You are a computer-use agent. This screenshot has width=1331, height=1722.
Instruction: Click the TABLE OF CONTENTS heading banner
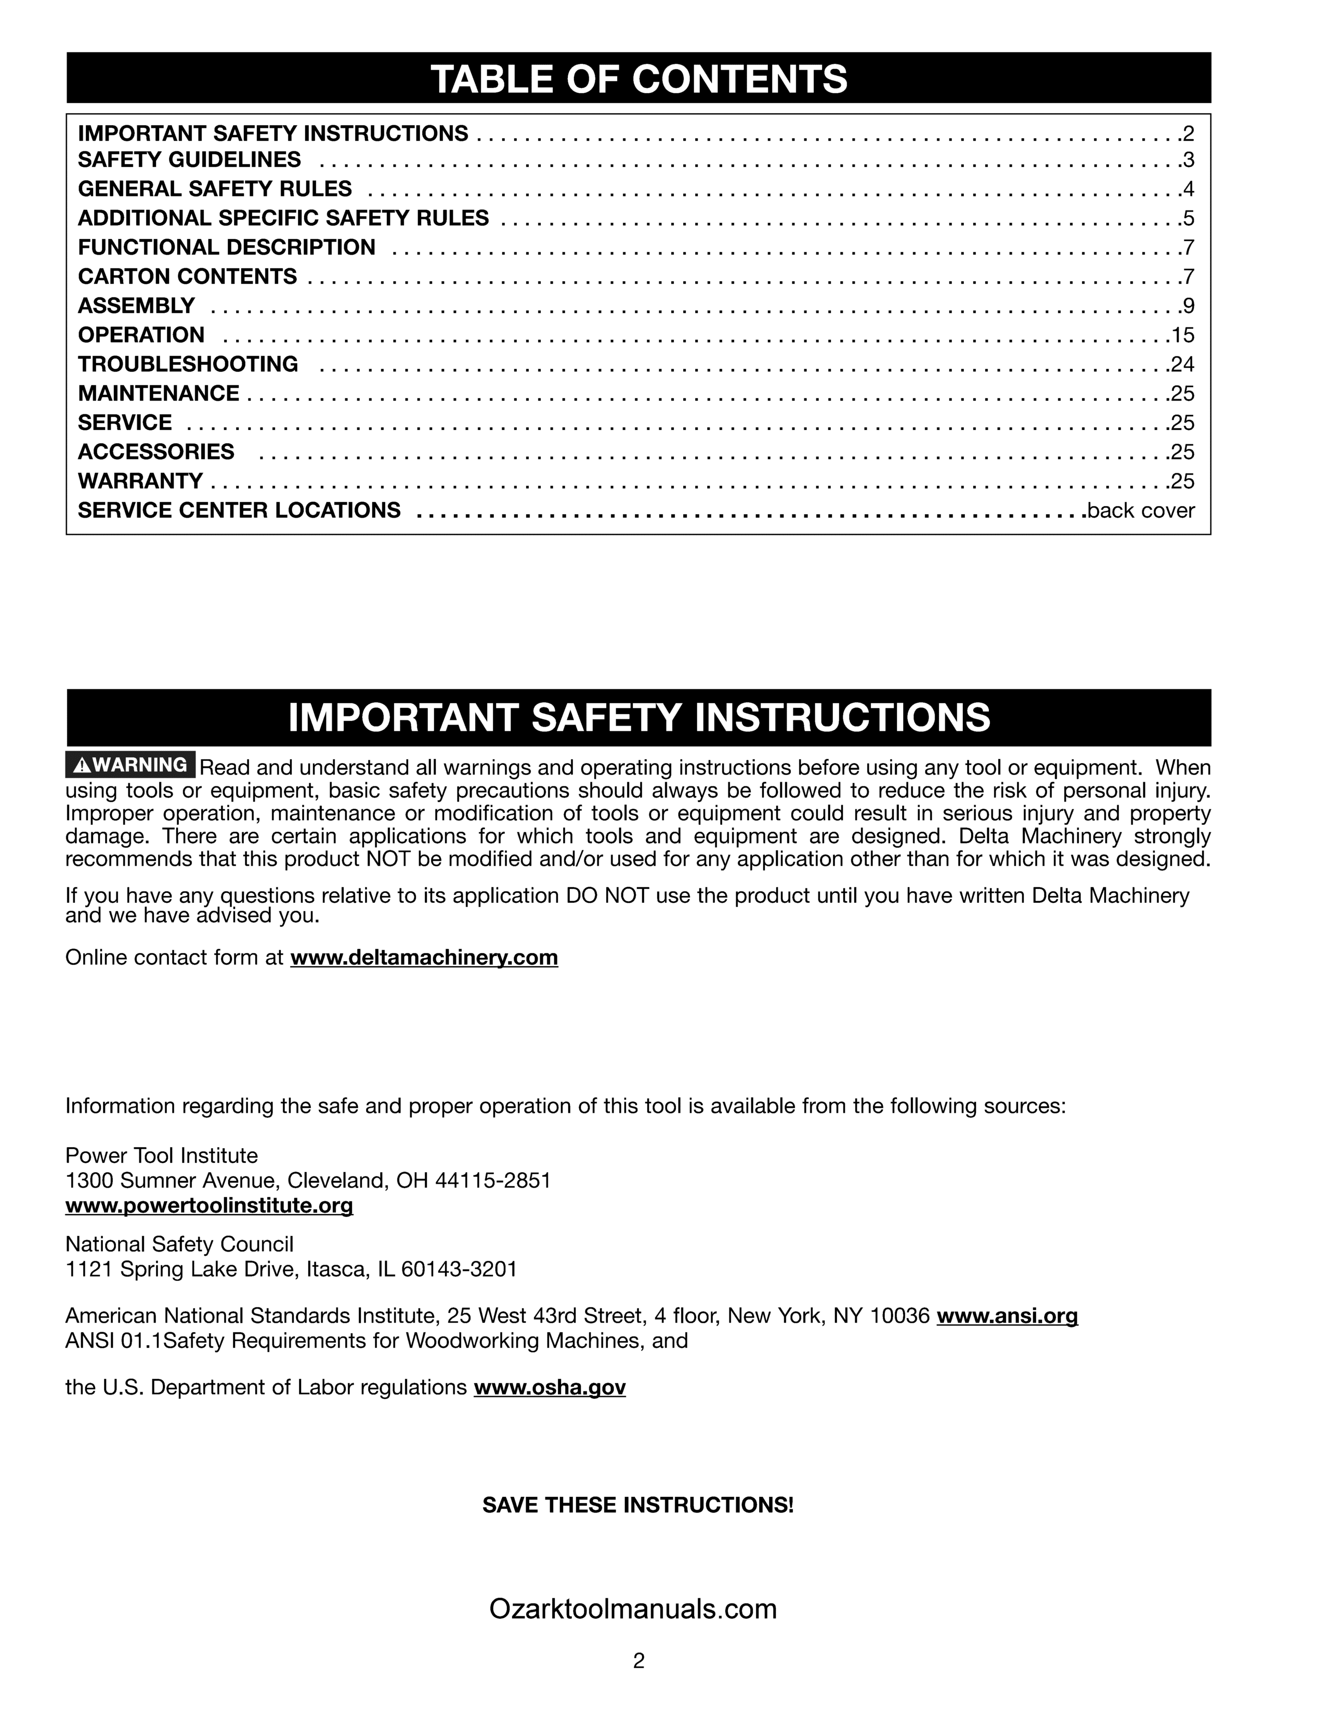pyautogui.click(x=638, y=78)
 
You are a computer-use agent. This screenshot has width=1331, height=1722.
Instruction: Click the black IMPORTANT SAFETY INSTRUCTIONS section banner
pyautogui.click(x=638, y=717)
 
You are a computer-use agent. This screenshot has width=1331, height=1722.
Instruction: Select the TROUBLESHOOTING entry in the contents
pyautogui.click(x=188, y=364)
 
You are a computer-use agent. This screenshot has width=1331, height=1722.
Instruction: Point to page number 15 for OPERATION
pyautogui.click(x=1183, y=336)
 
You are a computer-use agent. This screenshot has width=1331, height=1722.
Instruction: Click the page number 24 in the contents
pyautogui.click(x=1183, y=365)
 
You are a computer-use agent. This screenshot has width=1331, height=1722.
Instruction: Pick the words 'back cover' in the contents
pyautogui.click(x=1141, y=511)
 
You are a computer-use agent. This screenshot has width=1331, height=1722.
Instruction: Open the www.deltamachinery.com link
pyautogui.click(x=424, y=957)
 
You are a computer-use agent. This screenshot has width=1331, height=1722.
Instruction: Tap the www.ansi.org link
pyautogui.click(x=1007, y=1316)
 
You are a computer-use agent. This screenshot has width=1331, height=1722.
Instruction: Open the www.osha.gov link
pyautogui.click(x=550, y=1388)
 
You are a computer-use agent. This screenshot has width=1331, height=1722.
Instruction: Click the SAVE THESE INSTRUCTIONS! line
pyautogui.click(x=638, y=1505)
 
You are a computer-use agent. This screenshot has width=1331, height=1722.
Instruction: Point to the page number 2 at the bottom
pyautogui.click(x=638, y=1661)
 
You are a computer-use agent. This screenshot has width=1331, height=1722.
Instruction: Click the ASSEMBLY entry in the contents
pyautogui.click(x=136, y=306)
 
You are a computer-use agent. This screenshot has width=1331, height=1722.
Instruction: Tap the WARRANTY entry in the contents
pyautogui.click(x=140, y=481)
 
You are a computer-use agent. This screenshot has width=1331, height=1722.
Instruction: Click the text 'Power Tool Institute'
pyautogui.click(x=162, y=1156)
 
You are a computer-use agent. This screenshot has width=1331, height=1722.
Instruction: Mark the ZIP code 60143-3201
pyautogui.click(x=459, y=1269)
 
